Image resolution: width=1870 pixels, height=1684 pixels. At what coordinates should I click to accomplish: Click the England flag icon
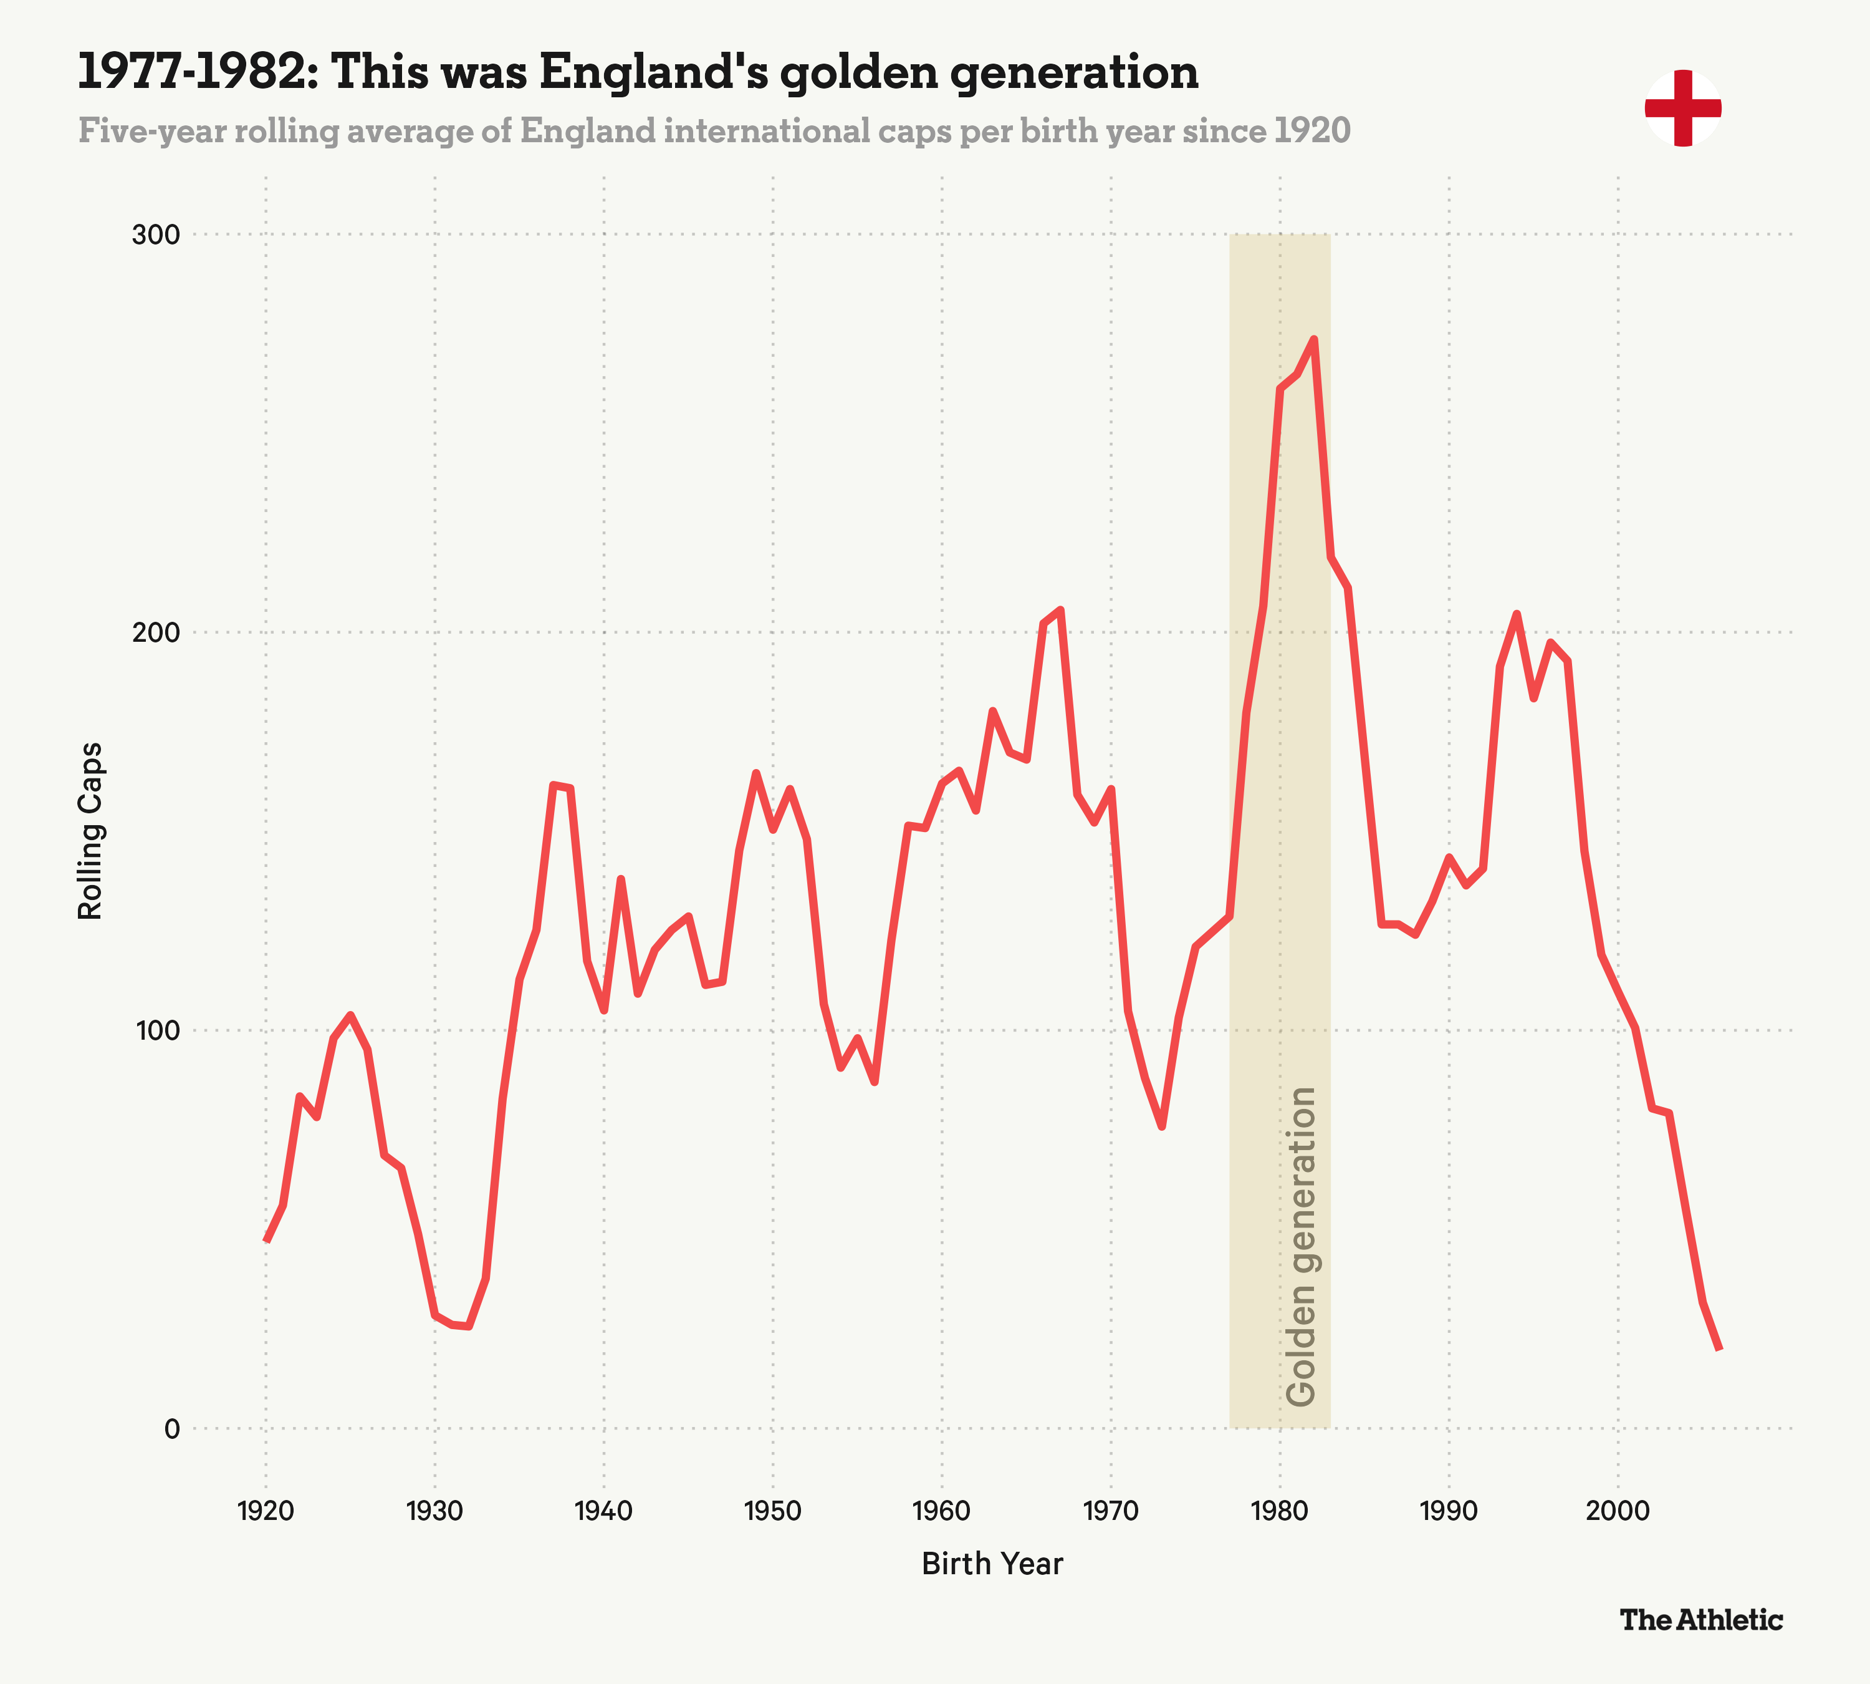1682,109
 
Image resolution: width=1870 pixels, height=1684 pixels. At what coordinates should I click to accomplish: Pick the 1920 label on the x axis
266,1511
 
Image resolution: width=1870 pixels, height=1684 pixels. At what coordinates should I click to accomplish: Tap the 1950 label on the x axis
772,1511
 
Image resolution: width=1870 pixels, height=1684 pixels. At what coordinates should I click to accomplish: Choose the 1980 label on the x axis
1279,1511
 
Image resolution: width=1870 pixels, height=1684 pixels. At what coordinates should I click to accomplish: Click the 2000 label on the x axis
1618,1511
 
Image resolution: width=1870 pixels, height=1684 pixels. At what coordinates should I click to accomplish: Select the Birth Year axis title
992,1564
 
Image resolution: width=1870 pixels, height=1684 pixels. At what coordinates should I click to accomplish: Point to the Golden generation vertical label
1302,1246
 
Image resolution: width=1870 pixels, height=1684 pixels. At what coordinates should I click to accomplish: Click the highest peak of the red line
1314,339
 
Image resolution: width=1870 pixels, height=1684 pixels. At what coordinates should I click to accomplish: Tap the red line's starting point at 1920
266,1241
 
